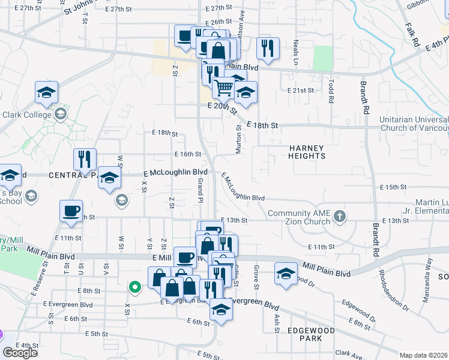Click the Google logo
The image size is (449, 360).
20,352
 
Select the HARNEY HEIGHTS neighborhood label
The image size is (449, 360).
307,152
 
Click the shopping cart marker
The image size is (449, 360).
224,88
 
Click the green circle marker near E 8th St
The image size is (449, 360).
136,287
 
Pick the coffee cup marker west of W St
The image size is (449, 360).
71,211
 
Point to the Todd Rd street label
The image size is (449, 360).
331,91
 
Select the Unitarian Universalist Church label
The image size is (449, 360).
414,123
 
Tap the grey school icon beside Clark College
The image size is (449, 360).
60,114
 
